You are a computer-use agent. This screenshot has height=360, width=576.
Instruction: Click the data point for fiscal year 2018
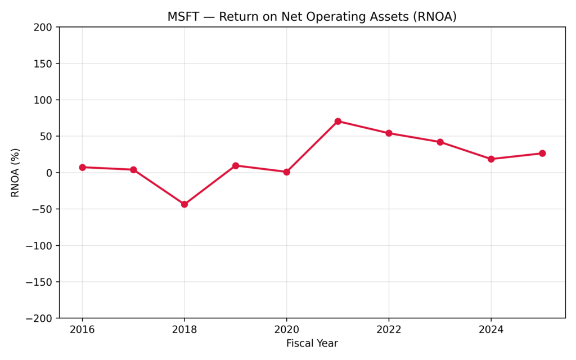coord(184,204)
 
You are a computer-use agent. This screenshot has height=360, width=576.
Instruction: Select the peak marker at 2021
coord(337,121)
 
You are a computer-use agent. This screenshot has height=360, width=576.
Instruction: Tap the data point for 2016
coord(82,167)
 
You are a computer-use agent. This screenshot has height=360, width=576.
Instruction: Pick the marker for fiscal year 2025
coord(542,153)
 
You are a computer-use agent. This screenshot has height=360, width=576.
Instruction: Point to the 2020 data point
coord(286,172)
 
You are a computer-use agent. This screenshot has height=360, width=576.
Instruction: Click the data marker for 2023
coord(440,142)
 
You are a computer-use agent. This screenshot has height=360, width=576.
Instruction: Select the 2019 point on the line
coord(236,165)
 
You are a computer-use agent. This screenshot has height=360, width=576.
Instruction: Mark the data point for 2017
coord(133,169)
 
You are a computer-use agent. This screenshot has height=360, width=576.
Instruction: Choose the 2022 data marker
coord(389,133)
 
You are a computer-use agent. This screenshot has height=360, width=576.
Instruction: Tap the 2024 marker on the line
coord(491,159)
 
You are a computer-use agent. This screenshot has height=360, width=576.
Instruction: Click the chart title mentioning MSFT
coord(312,17)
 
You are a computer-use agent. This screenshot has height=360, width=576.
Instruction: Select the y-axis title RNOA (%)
coord(15,173)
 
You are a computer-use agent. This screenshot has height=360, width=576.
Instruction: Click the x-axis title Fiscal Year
coord(312,343)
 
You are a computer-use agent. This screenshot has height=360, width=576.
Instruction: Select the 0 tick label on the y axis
coord(49,173)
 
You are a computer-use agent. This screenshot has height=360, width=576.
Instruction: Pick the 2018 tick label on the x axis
coord(184,330)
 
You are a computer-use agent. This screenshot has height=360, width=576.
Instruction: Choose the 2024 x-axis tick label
coord(491,330)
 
